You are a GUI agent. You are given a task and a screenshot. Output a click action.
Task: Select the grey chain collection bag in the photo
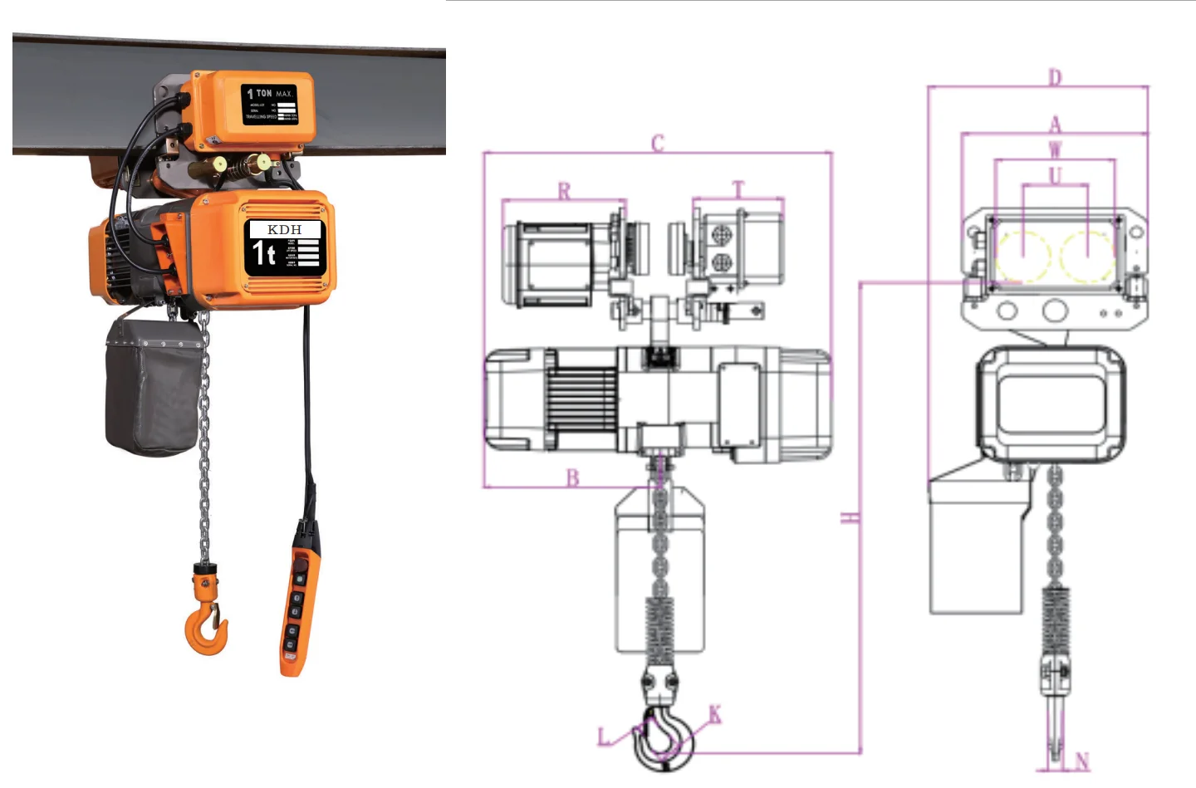pos(153,387)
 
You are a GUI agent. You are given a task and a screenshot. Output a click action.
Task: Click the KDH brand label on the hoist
pos(284,229)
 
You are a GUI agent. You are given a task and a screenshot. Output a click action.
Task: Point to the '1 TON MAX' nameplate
pos(270,105)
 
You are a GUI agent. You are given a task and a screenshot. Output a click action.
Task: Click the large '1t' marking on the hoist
pos(263,253)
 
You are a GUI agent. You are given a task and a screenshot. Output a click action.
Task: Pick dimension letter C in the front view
pos(658,144)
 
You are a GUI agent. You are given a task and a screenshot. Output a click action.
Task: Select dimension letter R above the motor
pos(564,191)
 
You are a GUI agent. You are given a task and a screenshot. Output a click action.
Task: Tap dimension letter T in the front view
pos(738,190)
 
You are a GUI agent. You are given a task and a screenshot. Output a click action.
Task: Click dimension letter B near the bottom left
pos(572,478)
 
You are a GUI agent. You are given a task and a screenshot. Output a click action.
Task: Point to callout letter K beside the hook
pos(714,714)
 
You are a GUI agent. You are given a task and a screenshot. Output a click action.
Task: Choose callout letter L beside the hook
pos(604,737)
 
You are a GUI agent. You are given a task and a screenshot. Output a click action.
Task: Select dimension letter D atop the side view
pos(1055,77)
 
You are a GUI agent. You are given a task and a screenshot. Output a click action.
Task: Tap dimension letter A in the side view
pos(1055,125)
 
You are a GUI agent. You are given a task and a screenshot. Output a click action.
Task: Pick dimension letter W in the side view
pos(1055,150)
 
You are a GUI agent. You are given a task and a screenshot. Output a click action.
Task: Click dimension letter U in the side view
pos(1055,175)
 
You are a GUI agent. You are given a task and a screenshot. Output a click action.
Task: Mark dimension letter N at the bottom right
pos(1081,761)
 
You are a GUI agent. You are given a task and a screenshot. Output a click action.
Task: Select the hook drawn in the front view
pos(664,735)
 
